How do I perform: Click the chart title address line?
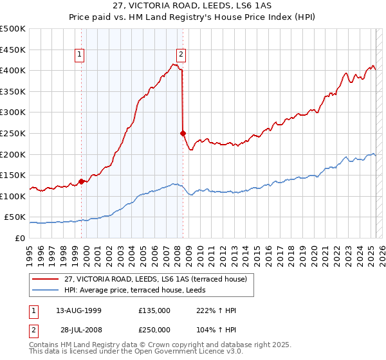[x=193, y=6]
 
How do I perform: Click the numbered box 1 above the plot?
[x=79, y=55]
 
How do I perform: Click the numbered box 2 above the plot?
[x=181, y=55]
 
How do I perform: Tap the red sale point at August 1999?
[x=82, y=181]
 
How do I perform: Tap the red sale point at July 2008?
[x=183, y=133]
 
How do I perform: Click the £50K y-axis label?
[x=15, y=217]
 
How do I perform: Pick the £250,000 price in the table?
[x=154, y=330]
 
